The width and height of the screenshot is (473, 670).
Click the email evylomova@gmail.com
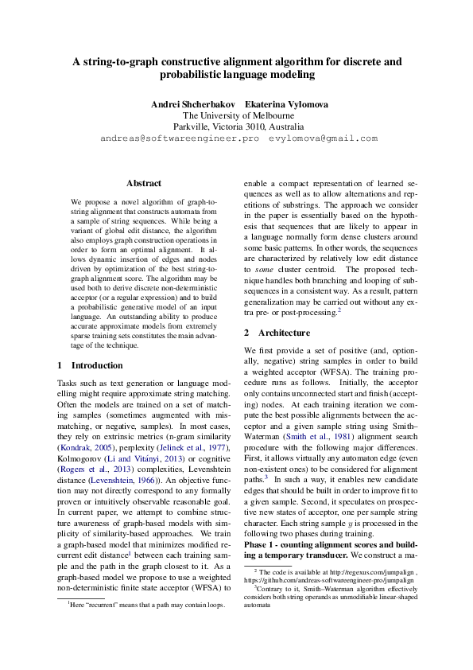coord(323,138)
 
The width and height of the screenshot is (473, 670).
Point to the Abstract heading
coord(143,183)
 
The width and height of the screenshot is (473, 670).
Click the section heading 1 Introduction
coord(91,365)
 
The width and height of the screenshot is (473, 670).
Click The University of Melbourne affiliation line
coord(236,115)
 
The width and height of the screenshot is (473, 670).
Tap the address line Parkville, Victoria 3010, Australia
coord(237,127)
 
